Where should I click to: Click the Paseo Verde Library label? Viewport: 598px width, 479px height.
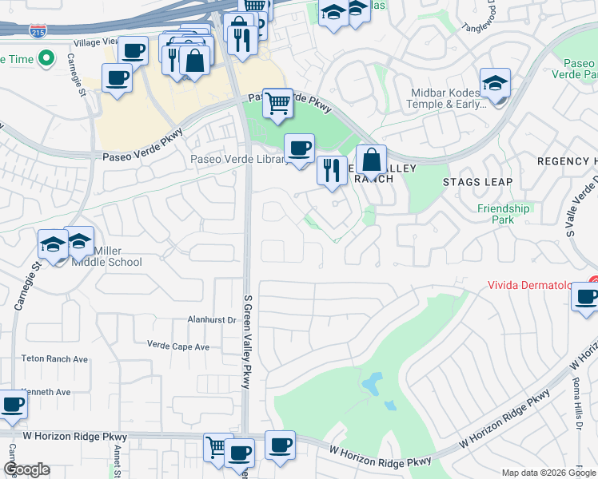[238, 160]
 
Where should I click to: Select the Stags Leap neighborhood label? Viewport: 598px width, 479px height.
[477, 182]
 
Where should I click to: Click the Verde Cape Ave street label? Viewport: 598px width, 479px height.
[177, 346]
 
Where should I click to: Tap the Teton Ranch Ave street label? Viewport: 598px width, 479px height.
[54, 359]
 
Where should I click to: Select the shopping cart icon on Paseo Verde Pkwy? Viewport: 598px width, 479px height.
[277, 102]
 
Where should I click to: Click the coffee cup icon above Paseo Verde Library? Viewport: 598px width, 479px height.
[299, 148]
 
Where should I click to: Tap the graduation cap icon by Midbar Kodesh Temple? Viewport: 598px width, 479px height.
[495, 83]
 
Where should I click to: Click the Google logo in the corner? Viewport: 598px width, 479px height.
[26, 469]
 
